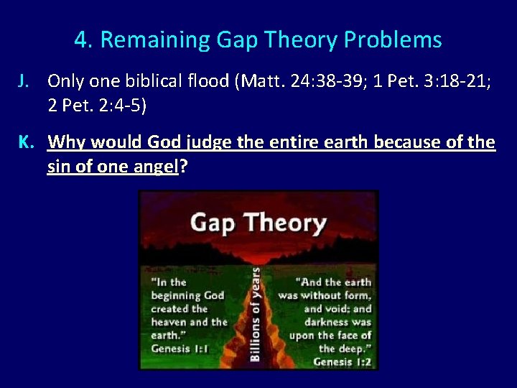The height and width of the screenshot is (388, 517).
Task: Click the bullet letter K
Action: point(24,142)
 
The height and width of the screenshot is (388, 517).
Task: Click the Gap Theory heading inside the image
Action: point(258,223)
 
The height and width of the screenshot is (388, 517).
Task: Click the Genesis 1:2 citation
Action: point(342,361)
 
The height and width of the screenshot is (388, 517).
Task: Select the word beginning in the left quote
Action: point(177,295)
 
